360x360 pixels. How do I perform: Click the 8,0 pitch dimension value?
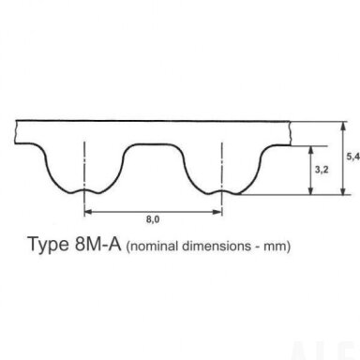point(153,219)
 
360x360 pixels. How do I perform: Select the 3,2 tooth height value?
point(322,170)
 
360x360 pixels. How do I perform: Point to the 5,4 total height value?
point(353,157)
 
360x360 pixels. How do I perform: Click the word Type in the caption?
point(48,244)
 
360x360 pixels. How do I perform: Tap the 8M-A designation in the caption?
point(97,244)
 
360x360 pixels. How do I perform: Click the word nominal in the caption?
point(153,247)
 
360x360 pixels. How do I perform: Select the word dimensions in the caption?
point(217,247)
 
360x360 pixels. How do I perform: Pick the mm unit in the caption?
point(277,247)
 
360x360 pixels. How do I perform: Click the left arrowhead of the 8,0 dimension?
point(88,212)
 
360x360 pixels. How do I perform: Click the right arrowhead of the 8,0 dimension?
point(217,212)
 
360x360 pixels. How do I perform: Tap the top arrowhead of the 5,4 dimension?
point(343,126)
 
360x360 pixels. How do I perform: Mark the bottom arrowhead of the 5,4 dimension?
point(343,190)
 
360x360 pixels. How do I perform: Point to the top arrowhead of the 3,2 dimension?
point(310,151)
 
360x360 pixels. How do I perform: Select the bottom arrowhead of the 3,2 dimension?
point(310,190)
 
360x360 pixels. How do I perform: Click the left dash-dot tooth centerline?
point(84,179)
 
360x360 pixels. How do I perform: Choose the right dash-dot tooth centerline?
point(222,179)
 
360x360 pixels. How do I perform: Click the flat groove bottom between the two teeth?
point(153,144)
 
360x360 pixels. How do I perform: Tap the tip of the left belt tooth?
point(84,190)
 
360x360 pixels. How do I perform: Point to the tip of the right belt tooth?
point(222,190)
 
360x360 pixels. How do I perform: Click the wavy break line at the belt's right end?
point(291,133)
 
